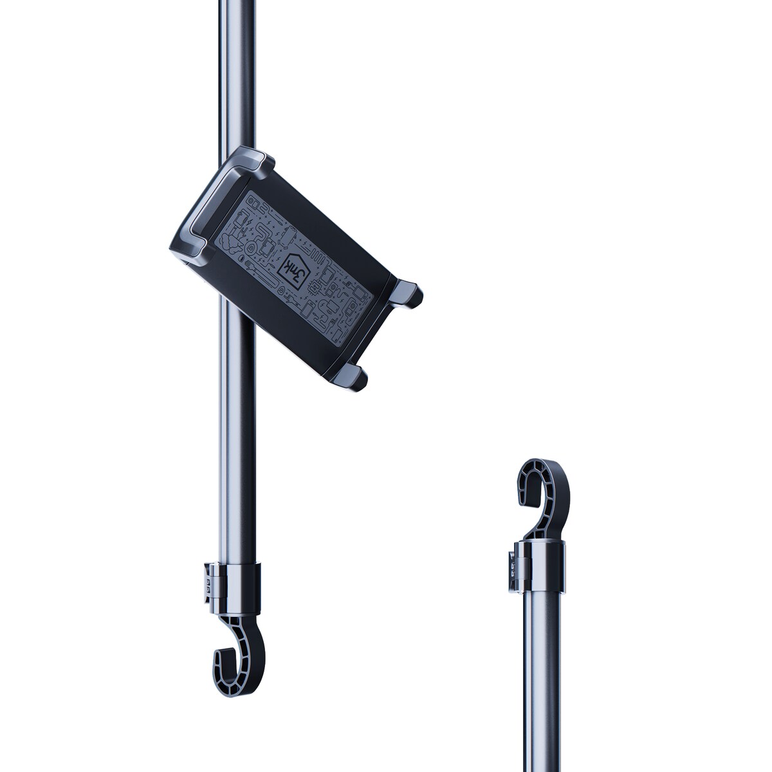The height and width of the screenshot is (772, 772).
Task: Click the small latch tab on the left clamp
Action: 208,583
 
